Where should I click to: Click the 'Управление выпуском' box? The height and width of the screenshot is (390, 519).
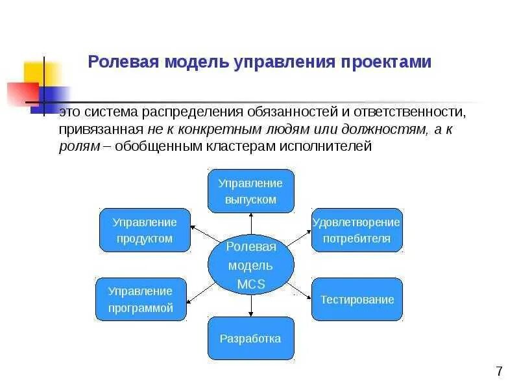(250, 191)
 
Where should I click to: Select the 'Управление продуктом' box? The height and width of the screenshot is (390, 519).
(145, 230)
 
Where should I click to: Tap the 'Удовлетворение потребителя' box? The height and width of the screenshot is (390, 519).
(357, 230)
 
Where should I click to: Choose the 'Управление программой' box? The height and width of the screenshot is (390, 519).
(141, 300)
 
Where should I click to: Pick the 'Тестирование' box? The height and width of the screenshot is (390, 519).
(357, 300)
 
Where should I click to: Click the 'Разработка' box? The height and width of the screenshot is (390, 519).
(250, 338)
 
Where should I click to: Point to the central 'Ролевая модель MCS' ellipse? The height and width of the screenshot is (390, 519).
(250, 265)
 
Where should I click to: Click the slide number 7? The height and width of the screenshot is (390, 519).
(498, 372)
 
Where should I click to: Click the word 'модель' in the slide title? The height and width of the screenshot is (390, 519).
(193, 62)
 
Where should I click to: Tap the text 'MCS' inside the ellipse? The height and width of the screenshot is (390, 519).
(250, 283)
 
